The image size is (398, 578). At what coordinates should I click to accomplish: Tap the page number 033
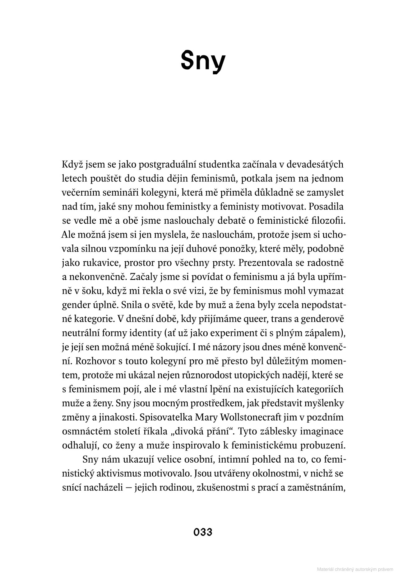203,532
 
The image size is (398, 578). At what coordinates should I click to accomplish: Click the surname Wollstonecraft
244,417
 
